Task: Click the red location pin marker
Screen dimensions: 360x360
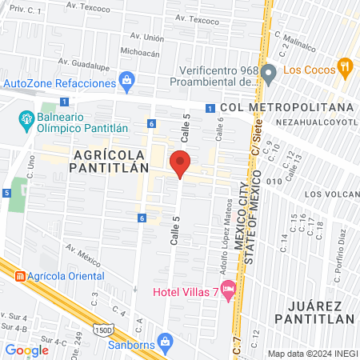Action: (x=181, y=163)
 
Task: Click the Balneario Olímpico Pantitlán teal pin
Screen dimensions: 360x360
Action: (x=25, y=122)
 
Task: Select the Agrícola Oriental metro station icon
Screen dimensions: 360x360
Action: (x=20, y=275)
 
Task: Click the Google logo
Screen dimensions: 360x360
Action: (x=27, y=350)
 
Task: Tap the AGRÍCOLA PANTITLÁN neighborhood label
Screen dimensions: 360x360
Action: (x=110, y=160)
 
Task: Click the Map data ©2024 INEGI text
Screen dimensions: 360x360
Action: (x=310, y=353)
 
